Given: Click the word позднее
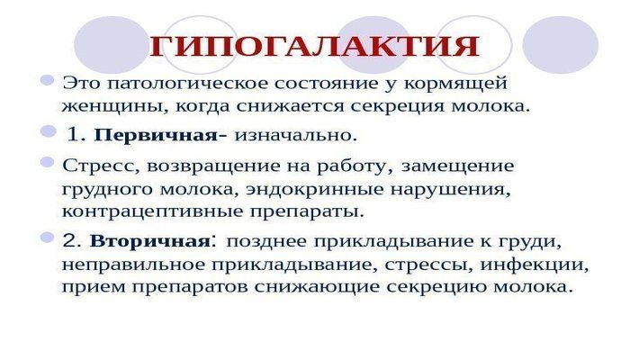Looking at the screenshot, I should (x=265, y=242).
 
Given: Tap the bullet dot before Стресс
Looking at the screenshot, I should (x=48, y=162).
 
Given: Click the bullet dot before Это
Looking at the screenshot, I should (x=48, y=81).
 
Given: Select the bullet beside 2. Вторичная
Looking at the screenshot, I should (x=48, y=238).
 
